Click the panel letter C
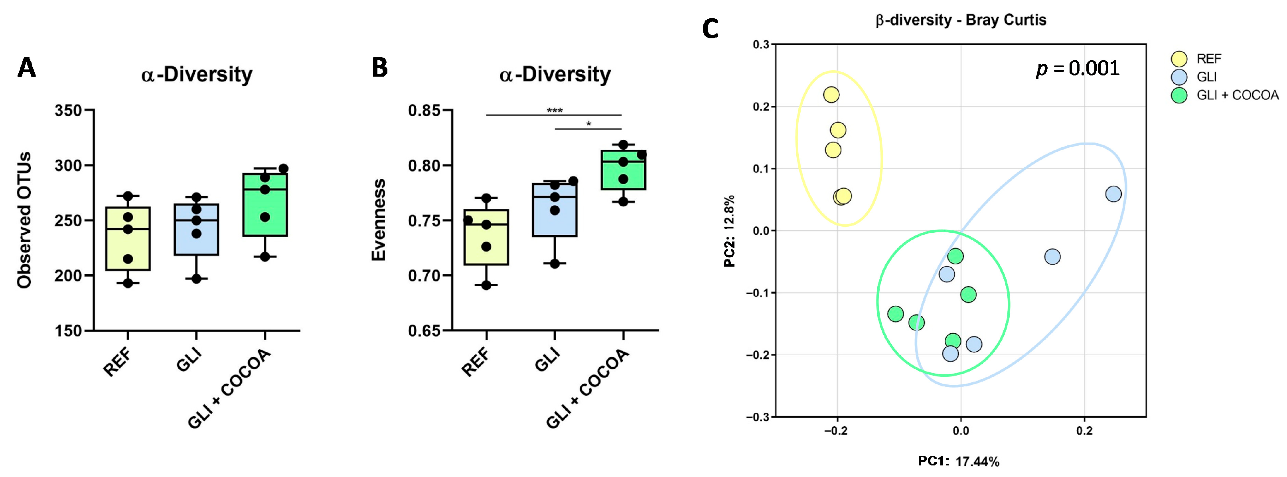[710, 29]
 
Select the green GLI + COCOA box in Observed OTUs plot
[265, 205]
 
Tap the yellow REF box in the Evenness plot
[486, 238]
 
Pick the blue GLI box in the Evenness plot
[555, 210]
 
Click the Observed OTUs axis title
[24, 220]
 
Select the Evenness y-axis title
[379, 220]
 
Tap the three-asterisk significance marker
[555, 111]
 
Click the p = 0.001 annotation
[1078, 69]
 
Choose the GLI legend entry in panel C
[1206, 77]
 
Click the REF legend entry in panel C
[1208, 59]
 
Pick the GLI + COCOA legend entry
[1237, 95]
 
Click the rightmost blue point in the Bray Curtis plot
[1113, 194]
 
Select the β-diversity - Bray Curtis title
[961, 20]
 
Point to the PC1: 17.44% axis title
[958, 461]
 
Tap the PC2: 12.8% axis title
[729, 231]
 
